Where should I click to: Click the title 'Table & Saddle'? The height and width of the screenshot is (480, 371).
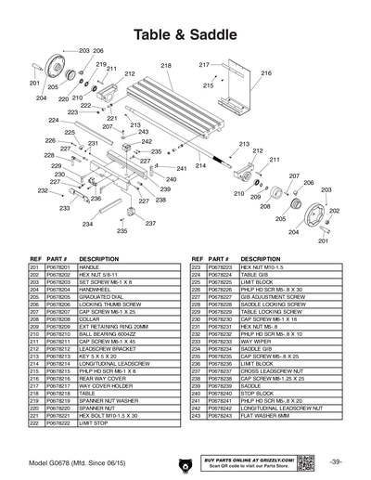click(x=185, y=34)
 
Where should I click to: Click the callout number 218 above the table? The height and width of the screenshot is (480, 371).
click(x=167, y=66)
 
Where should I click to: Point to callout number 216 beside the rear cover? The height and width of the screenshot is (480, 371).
click(x=266, y=72)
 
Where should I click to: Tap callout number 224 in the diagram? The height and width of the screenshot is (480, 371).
click(x=54, y=121)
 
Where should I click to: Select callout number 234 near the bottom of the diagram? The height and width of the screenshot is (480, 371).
click(x=87, y=224)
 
